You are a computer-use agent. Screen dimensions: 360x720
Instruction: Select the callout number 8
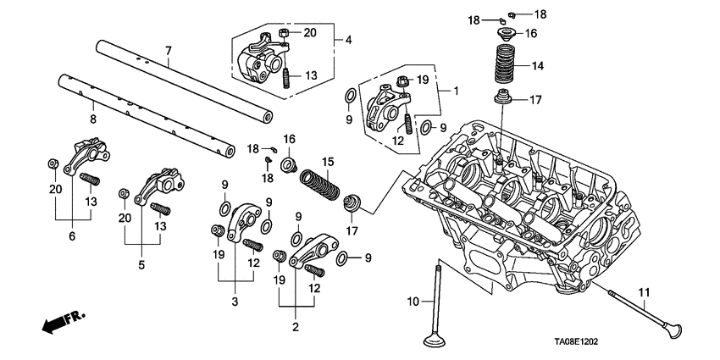pyautogui.click(x=92, y=108)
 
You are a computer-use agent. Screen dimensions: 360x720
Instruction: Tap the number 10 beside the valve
pyautogui.click(x=413, y=302)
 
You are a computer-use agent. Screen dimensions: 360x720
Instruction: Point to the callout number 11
pyautogui.click(x=643, y=293)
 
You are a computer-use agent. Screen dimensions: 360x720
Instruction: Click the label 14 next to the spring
pyautogui.click(x=537, y=65)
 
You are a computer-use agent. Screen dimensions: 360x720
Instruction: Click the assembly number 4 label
pyautogui.click(x=347, y=38)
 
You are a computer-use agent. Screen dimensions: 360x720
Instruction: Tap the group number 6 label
pyautogui.click(x=72, y=236)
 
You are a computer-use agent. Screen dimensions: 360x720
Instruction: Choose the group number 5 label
pyautogui.click(x=141, y=263)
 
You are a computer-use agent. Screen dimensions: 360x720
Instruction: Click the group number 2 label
pyautogui.click(x=296, y=327)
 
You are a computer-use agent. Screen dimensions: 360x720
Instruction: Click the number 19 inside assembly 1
pyautogui.click(x=423, y=80)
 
